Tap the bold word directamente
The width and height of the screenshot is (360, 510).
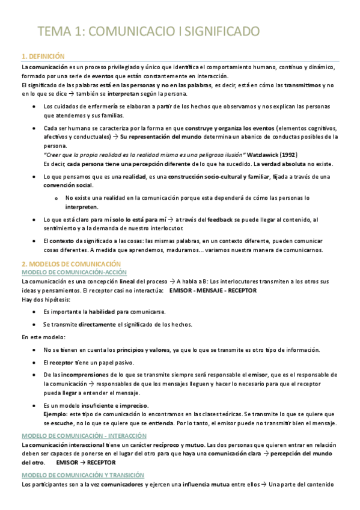tap(97, 325)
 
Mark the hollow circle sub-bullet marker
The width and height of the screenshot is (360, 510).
tap(55, 198)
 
